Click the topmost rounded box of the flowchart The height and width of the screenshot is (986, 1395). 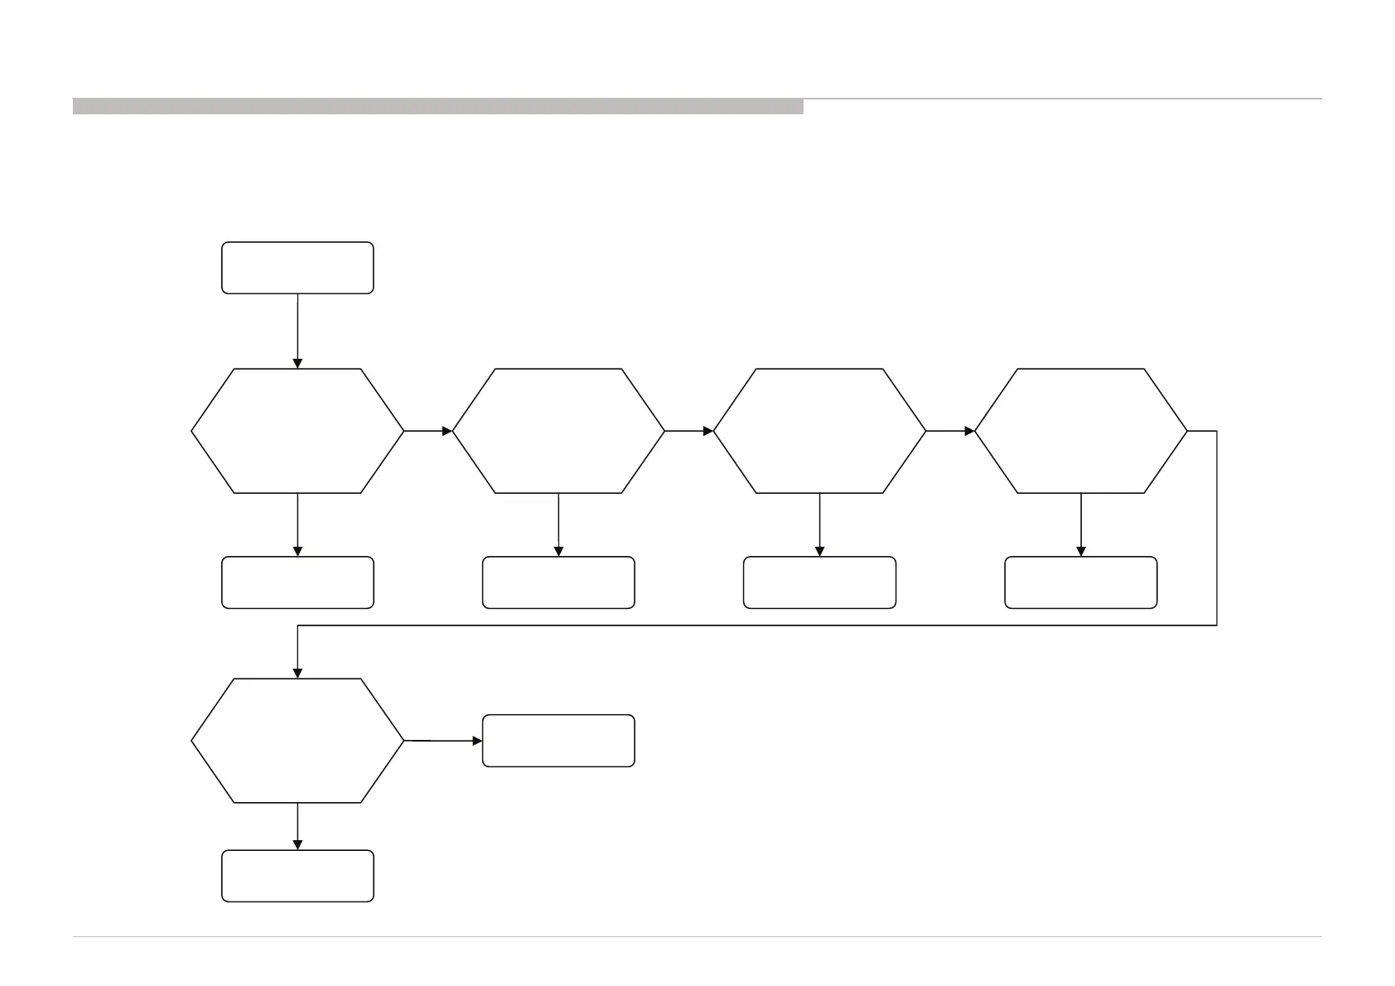click(x=297, y=268)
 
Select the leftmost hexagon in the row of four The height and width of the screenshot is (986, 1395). click(x=297, y=431)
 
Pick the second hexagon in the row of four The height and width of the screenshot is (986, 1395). click(x=558, y=431)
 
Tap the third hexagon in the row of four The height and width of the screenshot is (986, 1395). click(x=819, y=431)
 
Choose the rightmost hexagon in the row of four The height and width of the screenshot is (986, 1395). click(x=1080, y=431)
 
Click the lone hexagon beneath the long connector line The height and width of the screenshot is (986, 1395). click(x=297, y=740)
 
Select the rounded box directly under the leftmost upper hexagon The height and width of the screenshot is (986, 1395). click(x=297, y=582)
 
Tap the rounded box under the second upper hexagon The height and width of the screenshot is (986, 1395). click(x=558, y=582)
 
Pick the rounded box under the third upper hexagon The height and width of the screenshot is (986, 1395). click(x=819, y=582)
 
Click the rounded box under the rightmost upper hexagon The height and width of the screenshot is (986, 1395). click(x=1080, y=582)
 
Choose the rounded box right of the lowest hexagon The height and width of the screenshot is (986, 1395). click(x=558, y=741)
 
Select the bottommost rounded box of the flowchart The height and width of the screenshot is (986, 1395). click(x=297, y=876)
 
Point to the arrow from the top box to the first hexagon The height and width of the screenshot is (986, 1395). click(x=297, y=331)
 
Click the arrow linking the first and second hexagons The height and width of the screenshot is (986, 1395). click(x=428, y=431)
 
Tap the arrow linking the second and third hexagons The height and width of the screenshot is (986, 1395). click(x=689, y=431)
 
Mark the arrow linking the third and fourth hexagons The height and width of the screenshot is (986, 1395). click(x=950, y=431)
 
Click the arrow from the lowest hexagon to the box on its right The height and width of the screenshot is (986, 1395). click(x=443, y=740)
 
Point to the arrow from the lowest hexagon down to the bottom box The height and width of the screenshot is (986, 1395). click(x=297, y=826)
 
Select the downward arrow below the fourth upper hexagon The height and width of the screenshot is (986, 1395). click(x=1080, y=524)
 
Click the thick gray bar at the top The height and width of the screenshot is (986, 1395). click(x=437, y=106)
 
